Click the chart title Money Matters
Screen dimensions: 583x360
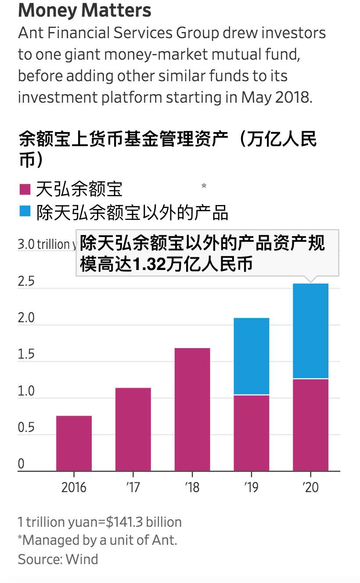[85, 11]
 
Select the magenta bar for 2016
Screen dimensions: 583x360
[74, 443]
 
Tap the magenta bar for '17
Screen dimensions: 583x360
[133, 429]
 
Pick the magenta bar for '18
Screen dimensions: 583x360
[192, 409]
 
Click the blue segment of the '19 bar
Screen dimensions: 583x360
[251, 356]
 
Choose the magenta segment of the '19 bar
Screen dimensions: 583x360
[251, 433]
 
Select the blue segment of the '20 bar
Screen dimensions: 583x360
[310, 331]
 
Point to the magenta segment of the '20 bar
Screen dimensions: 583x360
[310, 425]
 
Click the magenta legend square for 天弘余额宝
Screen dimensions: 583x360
[25, 190]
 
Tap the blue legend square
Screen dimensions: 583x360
[25, 212]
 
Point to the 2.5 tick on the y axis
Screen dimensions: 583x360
[26, 281]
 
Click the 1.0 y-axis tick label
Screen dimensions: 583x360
[26, 391]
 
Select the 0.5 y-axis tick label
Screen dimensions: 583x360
[26, 428]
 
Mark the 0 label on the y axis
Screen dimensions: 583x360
[21, 464]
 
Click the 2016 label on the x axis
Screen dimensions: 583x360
[74, 487]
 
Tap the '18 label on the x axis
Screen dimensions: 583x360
[192, 487]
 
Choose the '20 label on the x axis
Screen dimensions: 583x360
[310, 487]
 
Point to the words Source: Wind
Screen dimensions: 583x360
[58, 559]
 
